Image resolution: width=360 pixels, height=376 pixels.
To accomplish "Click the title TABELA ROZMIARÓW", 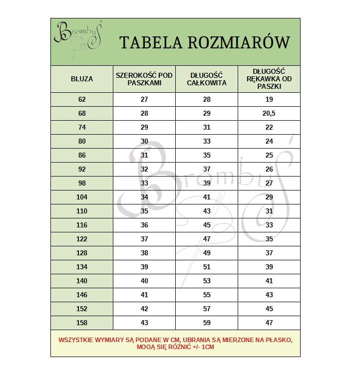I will (204, 42).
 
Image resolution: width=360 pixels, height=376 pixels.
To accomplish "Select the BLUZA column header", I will (82, 79).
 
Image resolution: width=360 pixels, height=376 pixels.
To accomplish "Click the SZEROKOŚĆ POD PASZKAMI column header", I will (144, 79).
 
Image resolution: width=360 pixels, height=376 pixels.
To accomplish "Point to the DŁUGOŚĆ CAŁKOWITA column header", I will (207, 79).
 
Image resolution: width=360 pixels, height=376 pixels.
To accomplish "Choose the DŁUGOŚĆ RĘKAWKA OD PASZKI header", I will (269, 79).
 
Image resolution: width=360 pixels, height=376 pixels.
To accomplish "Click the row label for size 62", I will (82, 99).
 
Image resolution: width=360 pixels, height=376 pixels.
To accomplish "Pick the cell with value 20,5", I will (269, 113).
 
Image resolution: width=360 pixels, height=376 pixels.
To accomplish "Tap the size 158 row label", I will (82, 323).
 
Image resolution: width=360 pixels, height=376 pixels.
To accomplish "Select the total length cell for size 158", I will (207, 323).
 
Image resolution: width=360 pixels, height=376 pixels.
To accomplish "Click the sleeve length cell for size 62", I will (269, 99).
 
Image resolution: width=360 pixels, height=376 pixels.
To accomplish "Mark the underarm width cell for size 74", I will (144, 127).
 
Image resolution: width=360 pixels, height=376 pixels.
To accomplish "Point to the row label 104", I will (82, 197).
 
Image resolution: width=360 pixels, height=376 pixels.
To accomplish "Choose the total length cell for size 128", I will (207, 253).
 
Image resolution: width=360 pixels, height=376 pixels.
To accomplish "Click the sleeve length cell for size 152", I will (269, 309).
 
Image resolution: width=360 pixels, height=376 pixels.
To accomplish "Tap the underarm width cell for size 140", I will (144, 281).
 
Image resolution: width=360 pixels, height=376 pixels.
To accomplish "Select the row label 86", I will (82, 155).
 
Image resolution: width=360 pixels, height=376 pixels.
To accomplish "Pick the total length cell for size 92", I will (207, 169).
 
